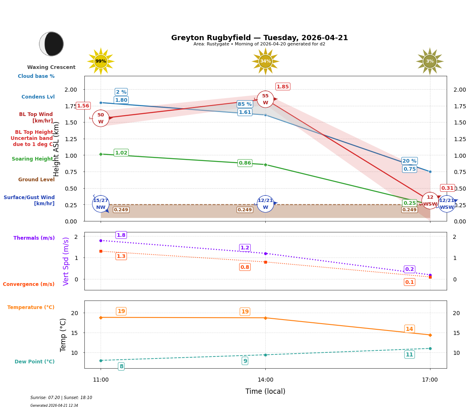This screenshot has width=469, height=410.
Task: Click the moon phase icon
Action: point(52,44)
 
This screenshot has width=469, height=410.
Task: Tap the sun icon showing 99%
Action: point(101,61)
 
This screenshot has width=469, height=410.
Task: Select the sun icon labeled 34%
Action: point(265,61)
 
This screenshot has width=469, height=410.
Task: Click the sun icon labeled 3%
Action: point(430,61)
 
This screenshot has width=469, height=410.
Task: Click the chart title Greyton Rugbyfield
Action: point(259,38)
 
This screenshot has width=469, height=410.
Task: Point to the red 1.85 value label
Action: point(283,87)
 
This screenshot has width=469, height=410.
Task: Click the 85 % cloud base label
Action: point(245,104)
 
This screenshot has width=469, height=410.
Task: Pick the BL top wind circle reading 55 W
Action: point(265,99)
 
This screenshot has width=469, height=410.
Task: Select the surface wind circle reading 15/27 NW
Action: point(101,204)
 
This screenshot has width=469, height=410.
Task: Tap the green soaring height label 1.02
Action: point(121,153)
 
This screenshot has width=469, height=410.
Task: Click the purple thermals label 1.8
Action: point(121,235)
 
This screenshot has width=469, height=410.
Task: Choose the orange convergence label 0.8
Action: point(245,267)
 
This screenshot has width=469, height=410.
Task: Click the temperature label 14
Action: point(409,329)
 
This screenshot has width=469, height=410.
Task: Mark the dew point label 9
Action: point(245,361)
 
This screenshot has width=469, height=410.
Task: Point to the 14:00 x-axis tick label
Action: point(265,380)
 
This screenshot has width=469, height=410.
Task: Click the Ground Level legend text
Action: point(37,180)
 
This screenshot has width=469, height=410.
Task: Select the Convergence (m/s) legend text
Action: point(29,284)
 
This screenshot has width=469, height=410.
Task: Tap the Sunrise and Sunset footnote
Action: point(61,398)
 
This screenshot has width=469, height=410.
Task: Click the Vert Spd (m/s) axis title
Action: point(66,261)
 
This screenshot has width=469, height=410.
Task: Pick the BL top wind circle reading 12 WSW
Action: point(430,201)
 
